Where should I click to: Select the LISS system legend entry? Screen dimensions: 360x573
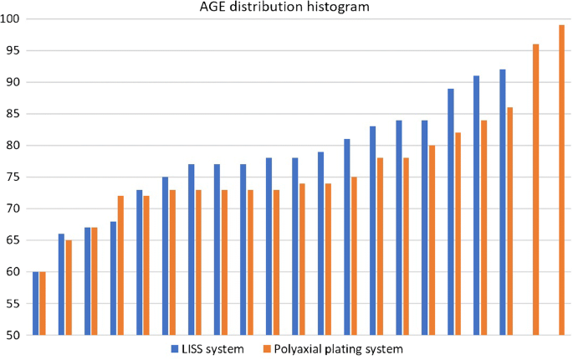click(x=207, y=348)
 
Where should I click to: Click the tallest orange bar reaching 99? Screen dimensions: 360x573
click(x=562, y=180)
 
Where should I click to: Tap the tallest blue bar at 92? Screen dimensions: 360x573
click(x=503, y=202)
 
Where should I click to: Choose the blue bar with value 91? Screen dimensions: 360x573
click(x=477, y=205)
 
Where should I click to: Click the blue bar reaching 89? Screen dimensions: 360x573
click(x=451, y=212)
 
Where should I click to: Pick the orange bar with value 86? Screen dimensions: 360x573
click(x=510, y=221)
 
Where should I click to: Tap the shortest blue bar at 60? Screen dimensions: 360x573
click(x=35, y=303)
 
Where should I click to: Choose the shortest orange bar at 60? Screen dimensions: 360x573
click(x=43, y=303)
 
